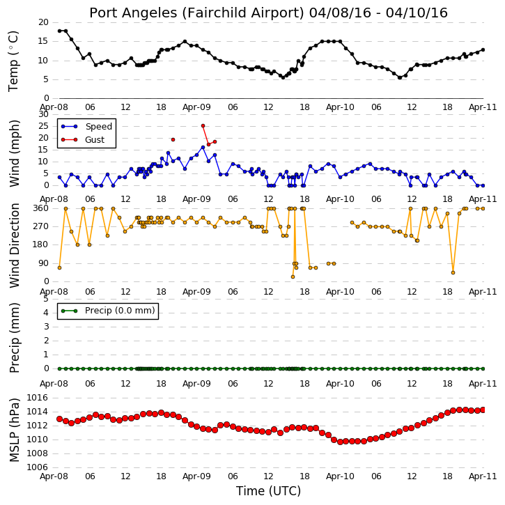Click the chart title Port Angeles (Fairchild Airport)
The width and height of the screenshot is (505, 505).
click(x=196, y=13)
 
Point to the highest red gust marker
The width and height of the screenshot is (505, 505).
click(x=203, y=126)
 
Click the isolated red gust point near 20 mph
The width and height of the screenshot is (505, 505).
click(x=173, y=140)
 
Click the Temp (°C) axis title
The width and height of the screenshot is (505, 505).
click(x=13, y=61)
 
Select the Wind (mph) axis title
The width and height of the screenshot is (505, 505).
click(x=14, y=153)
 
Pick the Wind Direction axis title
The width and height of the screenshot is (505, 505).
click(x=14, y=245)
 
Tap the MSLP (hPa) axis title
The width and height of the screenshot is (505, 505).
click(x=14, y=430)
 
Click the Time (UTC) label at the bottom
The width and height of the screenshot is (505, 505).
click(x=268, y=491)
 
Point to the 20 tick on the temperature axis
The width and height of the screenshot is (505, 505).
click(x=43, y=22)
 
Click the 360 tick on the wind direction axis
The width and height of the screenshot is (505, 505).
click(x=41, y=208)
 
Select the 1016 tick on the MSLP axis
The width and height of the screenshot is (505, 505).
click(x=38, y=398)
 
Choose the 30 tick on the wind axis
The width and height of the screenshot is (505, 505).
click(x=43, y=114)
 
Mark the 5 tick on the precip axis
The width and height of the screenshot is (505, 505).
click(x=46, y=299)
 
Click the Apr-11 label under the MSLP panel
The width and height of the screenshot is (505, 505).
click(x=483, y=476)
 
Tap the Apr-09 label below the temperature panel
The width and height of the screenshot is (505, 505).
click(x=196, y=107)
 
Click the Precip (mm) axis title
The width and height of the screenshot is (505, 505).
click(x=14, y=338)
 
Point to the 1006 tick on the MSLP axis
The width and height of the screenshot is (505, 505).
click(x=38, y=467)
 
